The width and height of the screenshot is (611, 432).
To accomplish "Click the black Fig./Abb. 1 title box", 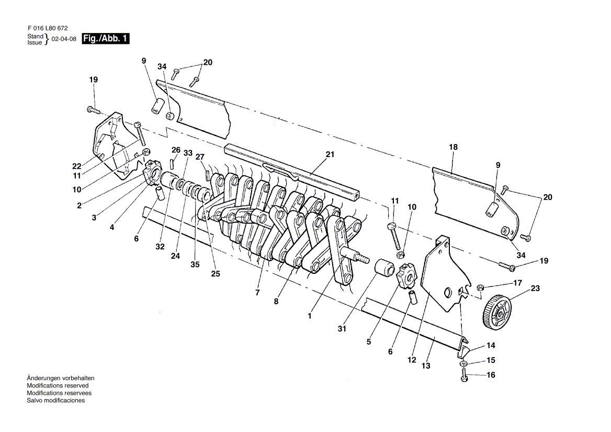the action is coord(105,39).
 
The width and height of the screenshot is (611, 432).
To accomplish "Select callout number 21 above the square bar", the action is coord(330,154).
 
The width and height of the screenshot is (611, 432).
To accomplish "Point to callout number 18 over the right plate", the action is coord(453,147).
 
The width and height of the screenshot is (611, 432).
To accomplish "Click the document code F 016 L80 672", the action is coord(48,28).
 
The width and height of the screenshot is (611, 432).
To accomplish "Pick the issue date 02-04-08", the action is coord(64,39).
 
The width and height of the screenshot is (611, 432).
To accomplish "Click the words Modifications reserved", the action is coord(58,385).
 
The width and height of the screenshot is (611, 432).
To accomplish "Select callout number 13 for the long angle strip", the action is coord(426,365).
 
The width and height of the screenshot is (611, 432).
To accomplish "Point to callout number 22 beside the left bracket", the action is coord(77,167).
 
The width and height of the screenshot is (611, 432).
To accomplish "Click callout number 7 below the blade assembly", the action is coord(257,292).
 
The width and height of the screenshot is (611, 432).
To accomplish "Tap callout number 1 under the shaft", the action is coord(310,316).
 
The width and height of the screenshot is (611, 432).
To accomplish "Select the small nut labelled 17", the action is coord(480,288).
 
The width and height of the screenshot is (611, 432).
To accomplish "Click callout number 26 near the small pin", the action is coord(176,150).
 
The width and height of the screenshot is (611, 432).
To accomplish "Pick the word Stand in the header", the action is coord(35,36).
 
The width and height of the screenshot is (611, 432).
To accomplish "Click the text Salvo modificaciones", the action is coord(56,401).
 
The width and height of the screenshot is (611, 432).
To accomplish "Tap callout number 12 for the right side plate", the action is coord(412,360).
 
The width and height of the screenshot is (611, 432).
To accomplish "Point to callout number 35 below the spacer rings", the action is coord(195,264).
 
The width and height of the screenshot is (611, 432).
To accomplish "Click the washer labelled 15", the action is coord(463,363).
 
